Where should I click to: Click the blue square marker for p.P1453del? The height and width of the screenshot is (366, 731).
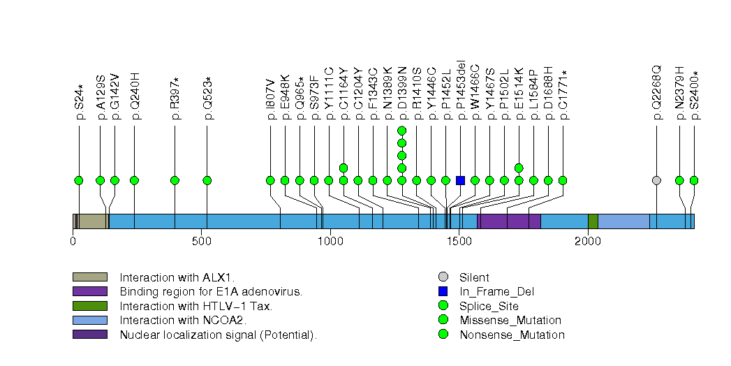[460, 180]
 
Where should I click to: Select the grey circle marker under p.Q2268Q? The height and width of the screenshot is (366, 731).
[656, 180]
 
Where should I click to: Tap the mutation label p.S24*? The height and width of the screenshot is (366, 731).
[80, 103]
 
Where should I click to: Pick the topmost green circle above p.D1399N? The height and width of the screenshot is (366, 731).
[401, 131]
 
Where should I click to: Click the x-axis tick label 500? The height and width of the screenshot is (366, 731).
[202, 241]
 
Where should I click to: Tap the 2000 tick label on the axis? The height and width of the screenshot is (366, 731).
[587, 241]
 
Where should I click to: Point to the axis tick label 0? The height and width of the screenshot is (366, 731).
[73, 241]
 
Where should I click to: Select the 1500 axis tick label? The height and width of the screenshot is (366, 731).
[459, 241]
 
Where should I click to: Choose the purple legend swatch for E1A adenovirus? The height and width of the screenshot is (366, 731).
[89, 291]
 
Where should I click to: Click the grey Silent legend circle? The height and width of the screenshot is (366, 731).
[442, 277]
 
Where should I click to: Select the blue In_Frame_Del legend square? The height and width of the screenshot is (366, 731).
[442, 291]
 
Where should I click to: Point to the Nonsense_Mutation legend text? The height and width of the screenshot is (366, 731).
[512, 335]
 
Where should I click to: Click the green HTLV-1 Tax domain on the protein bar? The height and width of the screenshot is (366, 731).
[593, 221]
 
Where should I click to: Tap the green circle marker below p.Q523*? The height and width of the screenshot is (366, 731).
[207, 180]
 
